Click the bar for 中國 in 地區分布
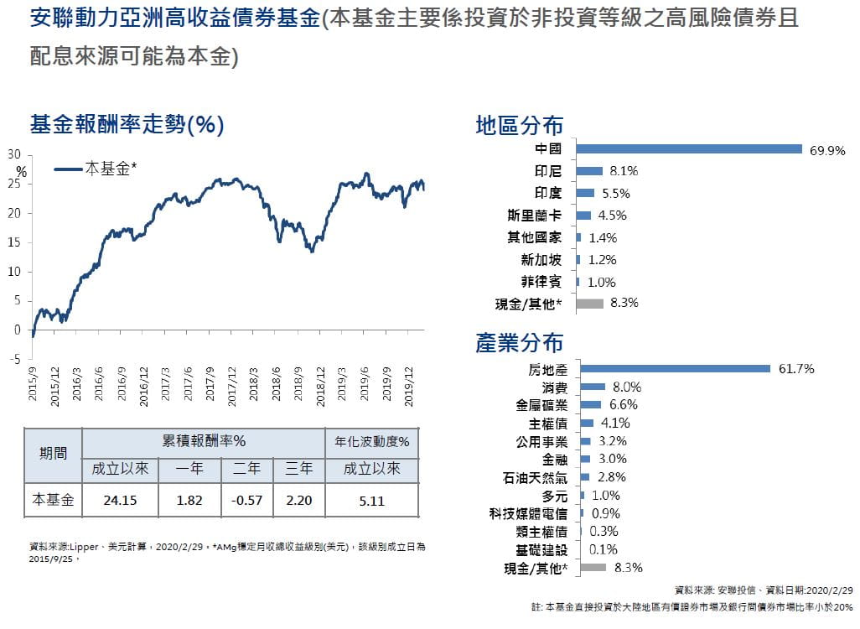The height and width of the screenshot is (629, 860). [690, 149]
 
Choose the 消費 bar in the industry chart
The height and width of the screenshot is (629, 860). [592, 387]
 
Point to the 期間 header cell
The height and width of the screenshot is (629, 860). [53, 455]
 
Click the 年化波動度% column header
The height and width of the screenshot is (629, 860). [371, 442]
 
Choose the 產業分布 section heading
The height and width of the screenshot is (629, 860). [519, 343]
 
